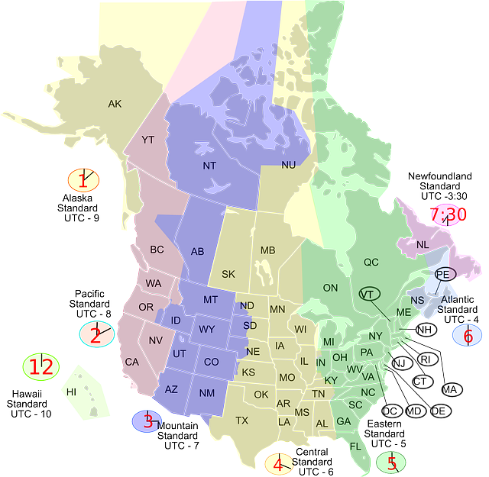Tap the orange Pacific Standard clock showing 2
96,334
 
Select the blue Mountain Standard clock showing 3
147,421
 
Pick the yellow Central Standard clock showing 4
279,463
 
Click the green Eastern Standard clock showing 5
392,462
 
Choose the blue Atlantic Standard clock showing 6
468,335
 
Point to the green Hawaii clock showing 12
40,366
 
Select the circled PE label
443,273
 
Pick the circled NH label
426,330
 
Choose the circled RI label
426,359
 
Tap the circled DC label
390,411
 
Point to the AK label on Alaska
115,104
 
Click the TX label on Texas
242,421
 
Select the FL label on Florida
355,446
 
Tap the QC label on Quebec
371,262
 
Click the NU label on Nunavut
288,165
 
